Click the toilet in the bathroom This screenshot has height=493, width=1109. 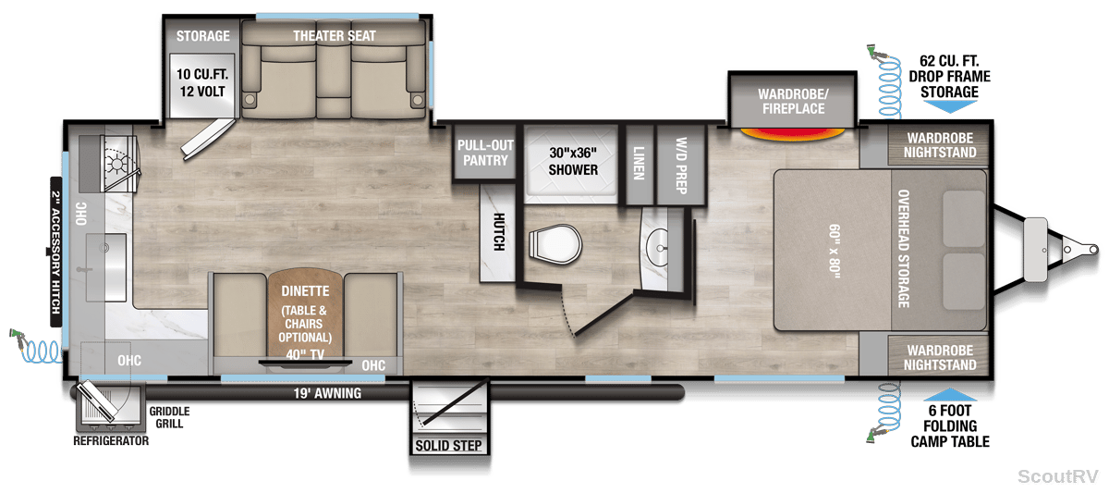coord(555,244)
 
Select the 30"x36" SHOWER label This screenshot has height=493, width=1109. coord(573,161)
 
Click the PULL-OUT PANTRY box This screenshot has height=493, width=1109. coord(485,153)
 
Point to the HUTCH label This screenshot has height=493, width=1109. coord(498,232)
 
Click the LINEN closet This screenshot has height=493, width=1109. coord(640,165)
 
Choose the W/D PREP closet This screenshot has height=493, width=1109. coord(681,165)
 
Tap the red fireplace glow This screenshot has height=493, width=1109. coord(792,134)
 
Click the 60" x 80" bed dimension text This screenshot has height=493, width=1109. coord(835,252)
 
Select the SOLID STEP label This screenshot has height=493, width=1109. coord(448,446)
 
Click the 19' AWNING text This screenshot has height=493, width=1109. coord(327,393)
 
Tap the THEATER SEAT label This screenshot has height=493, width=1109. coord(335,36)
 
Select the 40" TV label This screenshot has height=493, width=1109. coord(305,355)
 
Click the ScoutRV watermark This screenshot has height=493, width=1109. coord(1058,476)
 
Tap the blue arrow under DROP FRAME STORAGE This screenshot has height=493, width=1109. coord(950,106)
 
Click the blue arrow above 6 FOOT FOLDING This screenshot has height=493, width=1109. coord(950,395)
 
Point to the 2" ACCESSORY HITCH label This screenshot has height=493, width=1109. coord(56,252)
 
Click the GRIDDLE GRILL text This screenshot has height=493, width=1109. coord(169,417)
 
